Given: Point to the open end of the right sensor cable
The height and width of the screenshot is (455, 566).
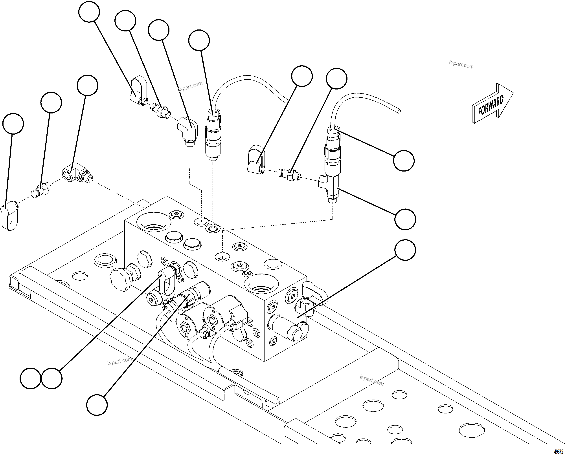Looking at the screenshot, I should (x=399, y=111).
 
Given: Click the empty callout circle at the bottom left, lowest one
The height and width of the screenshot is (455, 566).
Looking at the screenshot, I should (x=97, y=405).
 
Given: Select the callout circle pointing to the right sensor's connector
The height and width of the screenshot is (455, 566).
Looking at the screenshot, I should (x=404, y=161).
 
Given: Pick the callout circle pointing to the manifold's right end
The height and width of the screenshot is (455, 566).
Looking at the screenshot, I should (x=405, y=250).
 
